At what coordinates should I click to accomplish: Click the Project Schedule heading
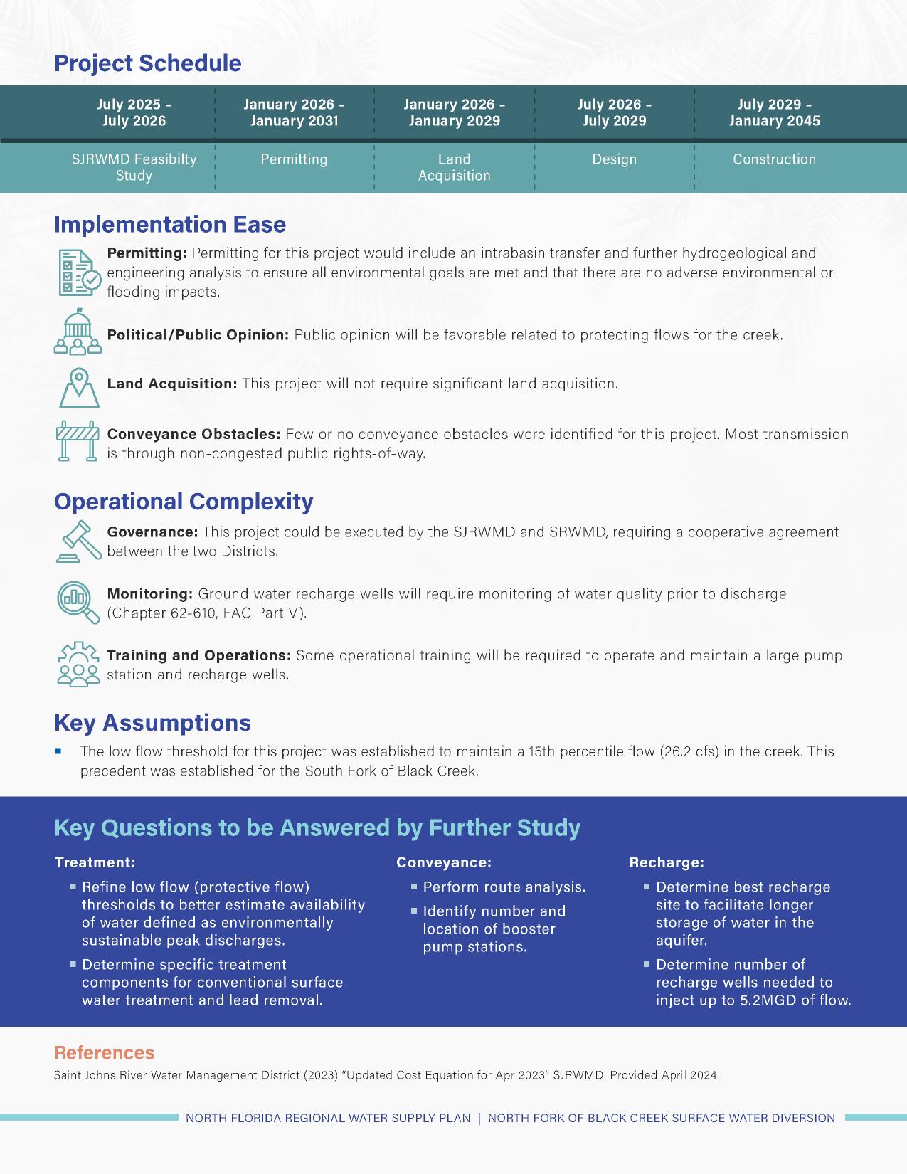click(148, 63)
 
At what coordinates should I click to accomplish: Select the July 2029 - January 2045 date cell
click(774, 112)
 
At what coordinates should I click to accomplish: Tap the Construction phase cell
click(774, 159)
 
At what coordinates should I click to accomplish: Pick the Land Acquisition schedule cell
click(454, 167)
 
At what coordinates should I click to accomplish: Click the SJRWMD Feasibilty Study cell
click(134, 167)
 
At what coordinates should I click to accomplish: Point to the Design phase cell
click(614, 159)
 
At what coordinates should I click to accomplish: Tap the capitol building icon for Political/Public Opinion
click(78, 332)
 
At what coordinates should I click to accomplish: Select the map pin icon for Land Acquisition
click(78, 387)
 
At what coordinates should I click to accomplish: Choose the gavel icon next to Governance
click(78, 541)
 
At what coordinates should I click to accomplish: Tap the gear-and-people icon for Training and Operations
click(78, 664)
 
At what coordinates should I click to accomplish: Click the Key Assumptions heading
click(152, 723)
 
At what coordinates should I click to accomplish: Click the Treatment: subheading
click(95, 862)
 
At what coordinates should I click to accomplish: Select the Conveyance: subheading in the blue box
click(444, 862)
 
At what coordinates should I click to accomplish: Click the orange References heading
click(104, 1053)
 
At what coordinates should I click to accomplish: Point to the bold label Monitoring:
click(149, 593)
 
